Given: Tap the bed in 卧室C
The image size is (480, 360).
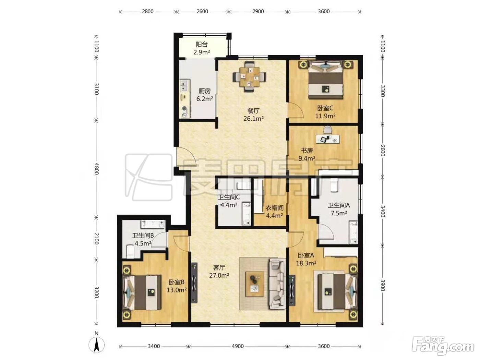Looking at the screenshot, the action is pyautogui.click(x=325, y=80).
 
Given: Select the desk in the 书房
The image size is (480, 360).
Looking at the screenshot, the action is pyautogui.click(x=327, y=139).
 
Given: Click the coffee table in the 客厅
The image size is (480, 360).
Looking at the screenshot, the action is pyautogui.click(x=254, y=284).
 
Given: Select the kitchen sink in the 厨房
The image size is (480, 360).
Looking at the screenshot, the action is pyautogui.click(x=184, y=85).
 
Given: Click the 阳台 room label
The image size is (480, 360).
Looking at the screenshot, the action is pyautogui.click(x=201, y=45).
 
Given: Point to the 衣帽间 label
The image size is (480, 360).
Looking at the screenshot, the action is pyautogui.click(x=274, y=208).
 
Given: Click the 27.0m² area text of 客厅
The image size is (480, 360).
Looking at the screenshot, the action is pyautogui.click(x=219, y=275).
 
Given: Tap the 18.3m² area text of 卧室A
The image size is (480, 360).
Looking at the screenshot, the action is pyautogui.click(x=306, y=263).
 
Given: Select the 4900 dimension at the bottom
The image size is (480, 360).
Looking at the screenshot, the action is pyautogui.click(x=238, y=346).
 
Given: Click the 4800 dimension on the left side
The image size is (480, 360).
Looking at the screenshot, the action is pyautogui.click(x=96, y=169).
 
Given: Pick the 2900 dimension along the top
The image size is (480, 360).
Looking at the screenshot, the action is pyautogui.click(x=258, y=11).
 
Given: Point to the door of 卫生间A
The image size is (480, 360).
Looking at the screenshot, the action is pyautogui.click(x=326, y=232).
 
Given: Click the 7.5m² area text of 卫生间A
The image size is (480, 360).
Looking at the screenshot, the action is pyautogui.click(x=339, y=213).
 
